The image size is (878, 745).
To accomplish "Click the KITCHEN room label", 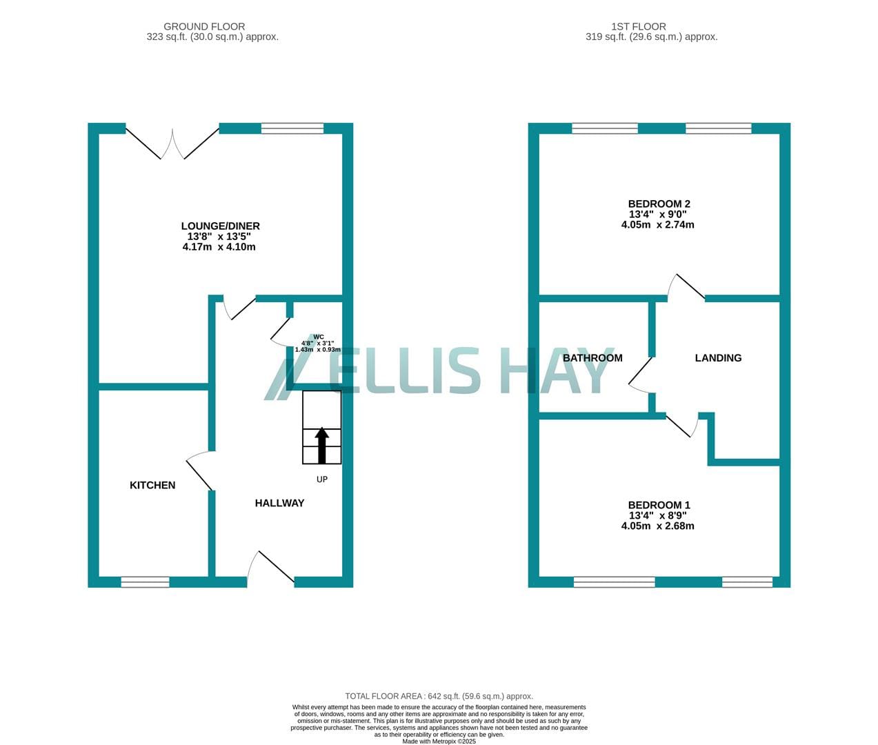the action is click(152, 485).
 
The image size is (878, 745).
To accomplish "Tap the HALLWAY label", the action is click(279, 503).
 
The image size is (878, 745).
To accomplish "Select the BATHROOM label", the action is click(592, 358).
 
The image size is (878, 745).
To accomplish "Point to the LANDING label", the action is click(718, 358).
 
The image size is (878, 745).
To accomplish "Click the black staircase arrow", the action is click(322, 445).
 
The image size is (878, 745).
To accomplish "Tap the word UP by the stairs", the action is click(322, 479).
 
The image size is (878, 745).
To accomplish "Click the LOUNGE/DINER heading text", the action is click(221, 226).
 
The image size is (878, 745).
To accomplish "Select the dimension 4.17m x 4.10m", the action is click(219, 247).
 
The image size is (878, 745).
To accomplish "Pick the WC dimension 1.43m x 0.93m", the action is click(318, 350).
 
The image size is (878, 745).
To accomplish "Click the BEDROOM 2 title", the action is click(659, 204).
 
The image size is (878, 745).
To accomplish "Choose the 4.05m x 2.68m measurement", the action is click(658, 526).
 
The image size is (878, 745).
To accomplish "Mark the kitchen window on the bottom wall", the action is click(146, 582).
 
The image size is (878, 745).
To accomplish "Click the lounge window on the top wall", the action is click(292, 128).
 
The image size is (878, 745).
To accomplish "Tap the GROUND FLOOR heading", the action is click(204, 26).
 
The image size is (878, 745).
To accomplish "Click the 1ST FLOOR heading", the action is click(639, 26).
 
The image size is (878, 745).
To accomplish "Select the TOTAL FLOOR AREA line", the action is click(439, 696).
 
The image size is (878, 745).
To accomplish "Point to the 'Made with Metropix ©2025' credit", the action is click(439, 741).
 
